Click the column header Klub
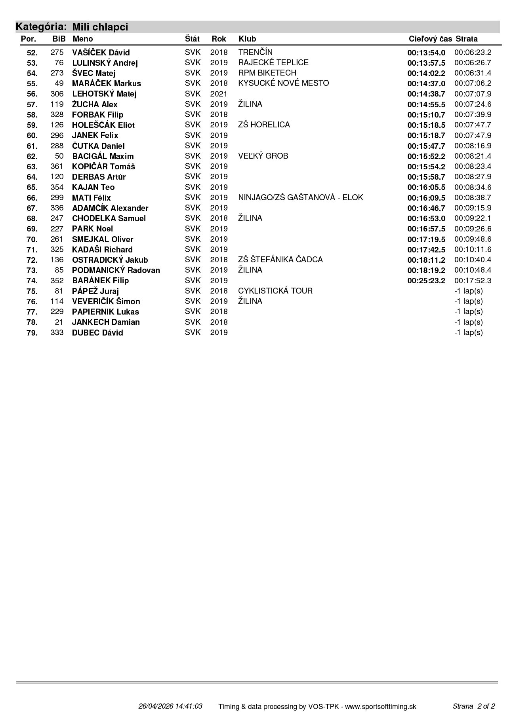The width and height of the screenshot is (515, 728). (247, 39)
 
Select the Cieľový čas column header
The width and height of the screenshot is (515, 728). (430, 39)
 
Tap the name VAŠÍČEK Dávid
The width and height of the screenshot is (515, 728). (101, 53)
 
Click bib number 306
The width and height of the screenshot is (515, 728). (57, 94)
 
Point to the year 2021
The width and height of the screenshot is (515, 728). (219, 94)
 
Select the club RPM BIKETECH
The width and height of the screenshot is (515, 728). (267, 73)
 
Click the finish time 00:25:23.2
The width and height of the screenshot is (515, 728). (426, 281)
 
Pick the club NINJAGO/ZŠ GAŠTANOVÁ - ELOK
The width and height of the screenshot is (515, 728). (300, 197)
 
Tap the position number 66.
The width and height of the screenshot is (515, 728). (32, 198)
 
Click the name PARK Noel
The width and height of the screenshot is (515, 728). (92, 229)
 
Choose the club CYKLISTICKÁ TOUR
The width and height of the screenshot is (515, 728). (275, 291)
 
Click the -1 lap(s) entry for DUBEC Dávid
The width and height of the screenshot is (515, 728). (468, 332)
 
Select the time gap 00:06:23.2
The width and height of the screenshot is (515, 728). (473, 52)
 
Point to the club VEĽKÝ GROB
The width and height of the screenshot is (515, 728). (263, 156)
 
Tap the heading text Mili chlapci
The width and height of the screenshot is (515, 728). (100, 27)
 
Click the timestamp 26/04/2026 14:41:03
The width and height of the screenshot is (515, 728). (170, 706)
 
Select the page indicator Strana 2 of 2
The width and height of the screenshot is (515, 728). (473, 706)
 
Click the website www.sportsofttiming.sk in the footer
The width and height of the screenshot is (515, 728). (380, 707)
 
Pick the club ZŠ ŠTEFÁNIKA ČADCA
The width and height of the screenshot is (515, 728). (280, 260)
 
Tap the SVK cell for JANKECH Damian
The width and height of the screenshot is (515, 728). (193, 322)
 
